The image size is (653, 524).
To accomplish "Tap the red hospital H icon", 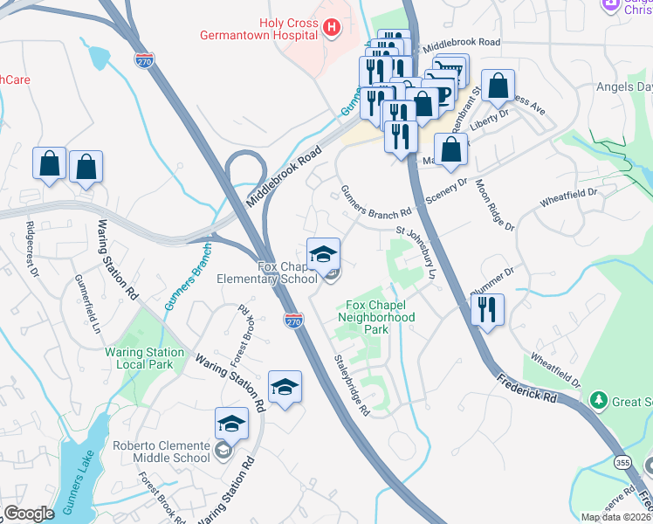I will pos(331,28).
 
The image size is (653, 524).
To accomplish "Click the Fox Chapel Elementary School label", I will pos(287,272).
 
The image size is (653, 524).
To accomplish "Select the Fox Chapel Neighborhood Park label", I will pos(376,312).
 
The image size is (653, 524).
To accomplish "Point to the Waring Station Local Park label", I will pos(145,359).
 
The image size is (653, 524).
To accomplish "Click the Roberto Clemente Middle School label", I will pos(161,452).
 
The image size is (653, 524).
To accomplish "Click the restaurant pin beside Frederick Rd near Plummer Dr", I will pos(486,309).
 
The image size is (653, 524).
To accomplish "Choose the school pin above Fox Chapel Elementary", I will pos(323,254).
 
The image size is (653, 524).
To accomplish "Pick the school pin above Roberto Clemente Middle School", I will pos(231,424).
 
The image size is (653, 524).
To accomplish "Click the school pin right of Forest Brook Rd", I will pos(285,386).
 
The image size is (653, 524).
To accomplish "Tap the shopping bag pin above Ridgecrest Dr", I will pos(50,163).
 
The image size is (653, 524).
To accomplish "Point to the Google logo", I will pos(29,514).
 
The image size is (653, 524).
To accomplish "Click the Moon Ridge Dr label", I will pos(494,207).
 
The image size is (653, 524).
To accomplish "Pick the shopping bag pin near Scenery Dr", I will pos(450,149).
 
